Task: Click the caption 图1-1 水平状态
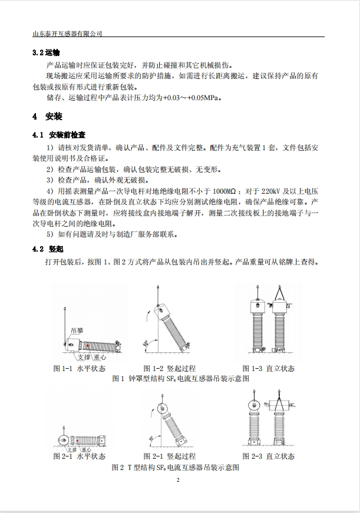[x=80, y=369]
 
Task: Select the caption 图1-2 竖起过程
[x=170, y=369]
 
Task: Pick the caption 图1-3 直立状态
[x=268, y=369]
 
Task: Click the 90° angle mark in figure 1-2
[x=144, y=341]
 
